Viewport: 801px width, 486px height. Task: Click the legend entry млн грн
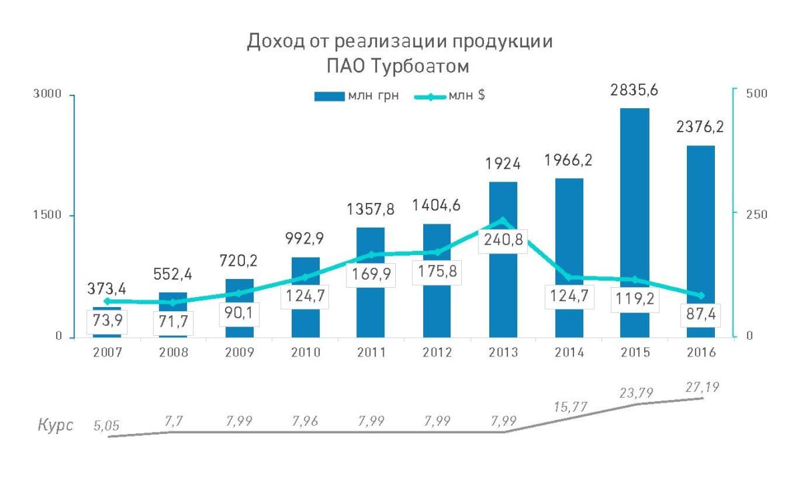(x=356, y=96)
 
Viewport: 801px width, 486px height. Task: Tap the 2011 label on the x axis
(x=371, y=352)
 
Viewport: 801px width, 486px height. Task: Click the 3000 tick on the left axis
(x=49, y=95)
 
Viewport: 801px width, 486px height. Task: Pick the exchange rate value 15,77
(x=569, y=405)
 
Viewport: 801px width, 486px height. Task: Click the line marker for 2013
(x=503, y=220)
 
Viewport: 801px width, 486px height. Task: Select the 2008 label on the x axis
(x=174, y=352)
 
